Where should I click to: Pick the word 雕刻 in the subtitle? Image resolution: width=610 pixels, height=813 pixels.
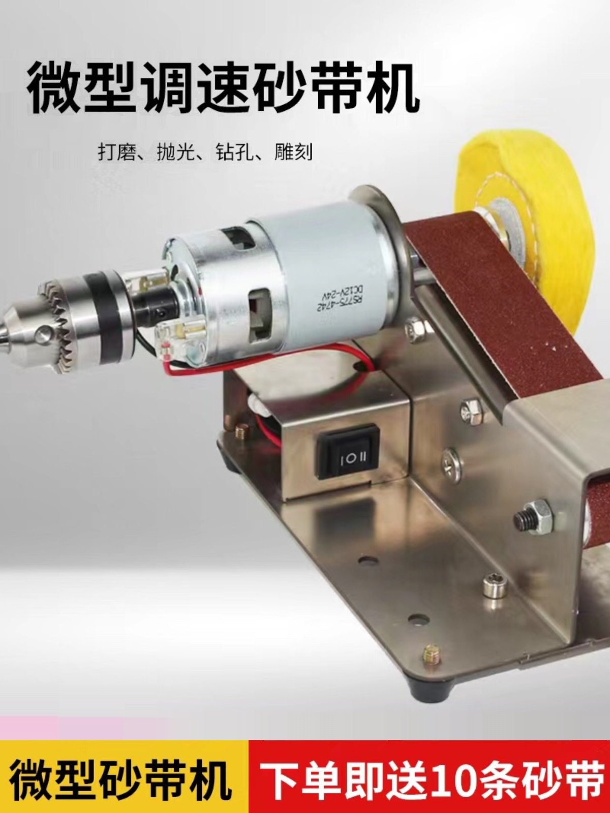(293, 152)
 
